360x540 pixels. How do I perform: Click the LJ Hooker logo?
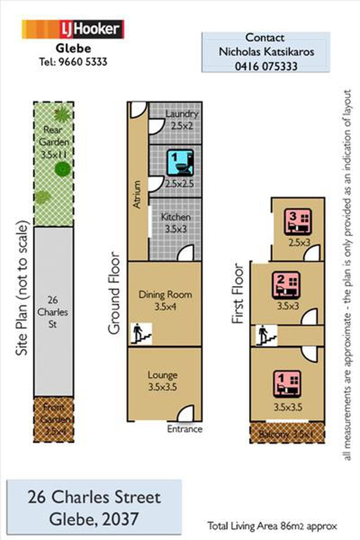click(x=73, y=29)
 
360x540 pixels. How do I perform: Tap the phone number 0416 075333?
click(x=266, y=66)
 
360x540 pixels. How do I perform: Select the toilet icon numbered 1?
click(x=180, y=162)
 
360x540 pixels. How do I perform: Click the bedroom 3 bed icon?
click(x=298, y=222)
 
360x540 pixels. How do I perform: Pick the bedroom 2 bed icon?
click(x=287, y=285)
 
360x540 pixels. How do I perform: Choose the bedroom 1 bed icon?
click(x=287, y=384)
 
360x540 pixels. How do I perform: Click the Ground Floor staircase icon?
click(x=141, y=333)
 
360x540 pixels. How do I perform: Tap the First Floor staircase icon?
click(x=266, y=335)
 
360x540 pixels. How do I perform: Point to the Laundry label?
click(x=181, y=114)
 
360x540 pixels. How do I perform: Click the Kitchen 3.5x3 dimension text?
click(x=176, y=229)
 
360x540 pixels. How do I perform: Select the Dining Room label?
click(x=166, y=295)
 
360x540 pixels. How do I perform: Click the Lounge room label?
click(x=162, y=375)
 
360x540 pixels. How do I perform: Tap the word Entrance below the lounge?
click(x=184, y=429)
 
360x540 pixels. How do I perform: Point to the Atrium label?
click(x=137, y=194)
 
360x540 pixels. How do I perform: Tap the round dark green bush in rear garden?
click(x=63, y=169)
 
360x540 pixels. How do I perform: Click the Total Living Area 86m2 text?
click(x=272, y=526)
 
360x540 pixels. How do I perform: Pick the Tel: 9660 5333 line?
click(x=73, y=62)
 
